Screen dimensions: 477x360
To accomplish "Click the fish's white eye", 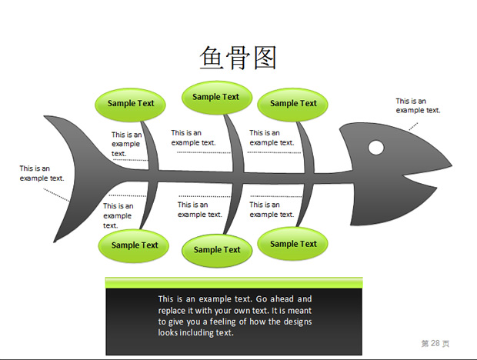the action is tap(376, 148).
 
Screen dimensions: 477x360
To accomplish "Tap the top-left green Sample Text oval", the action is tap(131, 105).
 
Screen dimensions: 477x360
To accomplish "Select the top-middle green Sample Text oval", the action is tap(217, 98).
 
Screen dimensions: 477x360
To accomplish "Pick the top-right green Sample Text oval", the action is tap(292, 105).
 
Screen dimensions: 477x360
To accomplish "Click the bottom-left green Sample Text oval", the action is tap(134, 245).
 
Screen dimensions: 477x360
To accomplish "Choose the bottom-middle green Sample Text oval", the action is tap(217, 251).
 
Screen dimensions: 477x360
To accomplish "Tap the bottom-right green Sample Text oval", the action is tap(292, 244).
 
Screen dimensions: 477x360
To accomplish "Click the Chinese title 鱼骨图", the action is tap(238, 58).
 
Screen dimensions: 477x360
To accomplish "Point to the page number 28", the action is tap(435, 343).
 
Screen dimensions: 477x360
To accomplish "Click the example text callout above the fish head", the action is tap(418, 105).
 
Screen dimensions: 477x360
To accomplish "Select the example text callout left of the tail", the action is tap(42, 173).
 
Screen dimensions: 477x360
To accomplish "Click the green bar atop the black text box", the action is tap(234, 282).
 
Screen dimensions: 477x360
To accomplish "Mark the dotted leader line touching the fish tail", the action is tap(56, 195).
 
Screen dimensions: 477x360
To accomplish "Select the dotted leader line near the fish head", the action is tap(413, 126).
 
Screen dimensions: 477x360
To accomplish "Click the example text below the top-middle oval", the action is tap(193, 138).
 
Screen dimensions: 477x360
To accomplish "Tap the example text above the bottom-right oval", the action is tap(272, 209).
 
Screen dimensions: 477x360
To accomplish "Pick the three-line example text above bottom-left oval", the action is tap(118, 215).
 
